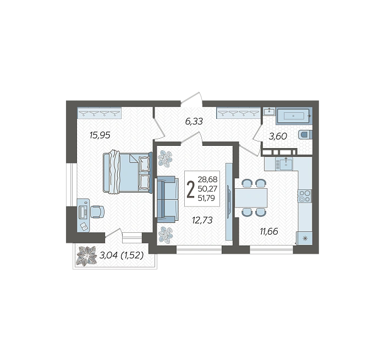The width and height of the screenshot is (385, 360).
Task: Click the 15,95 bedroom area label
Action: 100,135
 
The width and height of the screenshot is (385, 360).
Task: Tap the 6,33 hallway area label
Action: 194,121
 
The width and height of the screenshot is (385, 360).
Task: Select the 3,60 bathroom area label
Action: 278,136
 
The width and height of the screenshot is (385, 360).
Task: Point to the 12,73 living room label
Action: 202,220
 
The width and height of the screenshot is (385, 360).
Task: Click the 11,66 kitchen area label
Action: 269,231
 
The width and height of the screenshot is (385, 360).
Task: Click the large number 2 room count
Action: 190,189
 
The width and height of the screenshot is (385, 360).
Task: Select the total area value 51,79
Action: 206,198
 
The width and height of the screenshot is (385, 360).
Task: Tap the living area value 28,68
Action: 207,179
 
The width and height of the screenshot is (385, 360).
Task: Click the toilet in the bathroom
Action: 305,135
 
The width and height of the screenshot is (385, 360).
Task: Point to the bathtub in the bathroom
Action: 294,116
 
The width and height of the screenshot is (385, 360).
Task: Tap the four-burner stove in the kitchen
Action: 305,196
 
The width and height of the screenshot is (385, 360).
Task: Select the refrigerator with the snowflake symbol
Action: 304,238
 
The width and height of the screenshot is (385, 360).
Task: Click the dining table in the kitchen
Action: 251,198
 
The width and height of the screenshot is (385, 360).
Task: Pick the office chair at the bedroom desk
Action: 97,211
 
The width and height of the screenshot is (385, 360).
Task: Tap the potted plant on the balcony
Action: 86,256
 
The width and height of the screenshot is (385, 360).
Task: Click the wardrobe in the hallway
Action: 238,113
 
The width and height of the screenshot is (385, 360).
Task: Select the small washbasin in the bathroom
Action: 269,112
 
